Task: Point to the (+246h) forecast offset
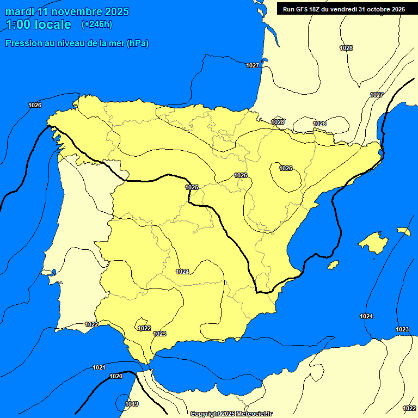point(96,24)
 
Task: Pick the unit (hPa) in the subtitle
point(137,44)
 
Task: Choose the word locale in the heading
point(52,24)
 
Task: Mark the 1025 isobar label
point(192,187)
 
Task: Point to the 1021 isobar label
point(99,367)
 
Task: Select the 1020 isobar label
point(116,376)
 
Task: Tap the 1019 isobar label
point(132,404)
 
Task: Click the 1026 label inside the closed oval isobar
point(286,168)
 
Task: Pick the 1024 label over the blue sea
point(366,316)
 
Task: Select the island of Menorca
point(403,231)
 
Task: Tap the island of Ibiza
point(333,265)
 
